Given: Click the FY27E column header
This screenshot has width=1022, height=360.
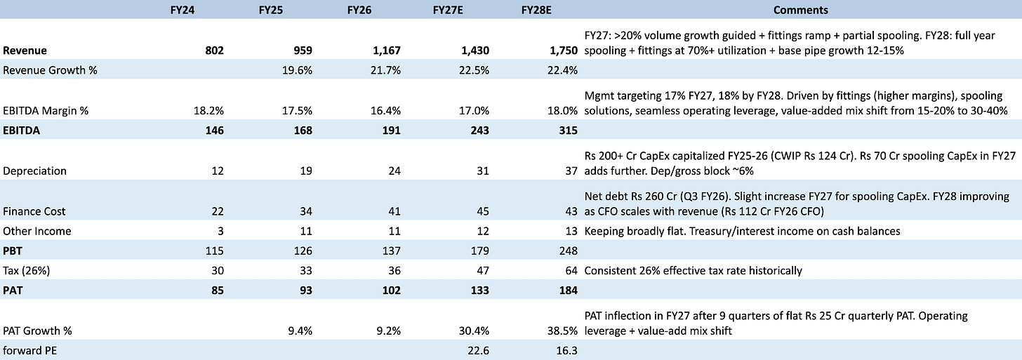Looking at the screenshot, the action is pos(448,10).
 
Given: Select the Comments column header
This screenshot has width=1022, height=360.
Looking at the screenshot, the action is pos(800,10).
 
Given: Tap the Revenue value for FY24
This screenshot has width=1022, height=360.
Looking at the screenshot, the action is pos(215,51).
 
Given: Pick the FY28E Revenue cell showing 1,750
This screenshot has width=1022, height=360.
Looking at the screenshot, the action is pos(564,51).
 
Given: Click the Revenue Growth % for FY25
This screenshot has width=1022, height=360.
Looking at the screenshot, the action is pos(297,70).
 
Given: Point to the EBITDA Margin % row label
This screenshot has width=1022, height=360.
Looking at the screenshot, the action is pos(46,110).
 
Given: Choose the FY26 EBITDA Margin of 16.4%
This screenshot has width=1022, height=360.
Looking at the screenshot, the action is pos(385,110).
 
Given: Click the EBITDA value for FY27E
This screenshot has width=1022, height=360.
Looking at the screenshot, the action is pos(479,131).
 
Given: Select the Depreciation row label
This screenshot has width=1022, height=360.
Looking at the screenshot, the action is pos(34,171).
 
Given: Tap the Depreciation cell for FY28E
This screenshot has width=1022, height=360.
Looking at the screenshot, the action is pos(571,171).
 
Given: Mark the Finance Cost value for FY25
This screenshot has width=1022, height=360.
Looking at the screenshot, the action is pos(306,211).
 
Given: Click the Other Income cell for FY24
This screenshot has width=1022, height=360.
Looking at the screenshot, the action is pos(221,232).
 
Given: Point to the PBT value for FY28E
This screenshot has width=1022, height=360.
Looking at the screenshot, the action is pos(568,251).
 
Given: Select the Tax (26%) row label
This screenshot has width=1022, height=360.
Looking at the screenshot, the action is pos(27,271).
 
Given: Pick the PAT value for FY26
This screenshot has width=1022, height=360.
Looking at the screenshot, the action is pos(392,291).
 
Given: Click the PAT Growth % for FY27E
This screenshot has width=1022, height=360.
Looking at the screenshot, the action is pos(474,331).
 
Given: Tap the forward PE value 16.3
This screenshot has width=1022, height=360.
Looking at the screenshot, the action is pos(567,351).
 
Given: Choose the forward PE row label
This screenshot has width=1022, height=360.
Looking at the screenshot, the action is pos(29,351).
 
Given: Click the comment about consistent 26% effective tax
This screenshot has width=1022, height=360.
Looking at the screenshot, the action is pos(693,271).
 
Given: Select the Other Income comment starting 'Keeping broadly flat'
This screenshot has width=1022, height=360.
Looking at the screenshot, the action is pos(743,232).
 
